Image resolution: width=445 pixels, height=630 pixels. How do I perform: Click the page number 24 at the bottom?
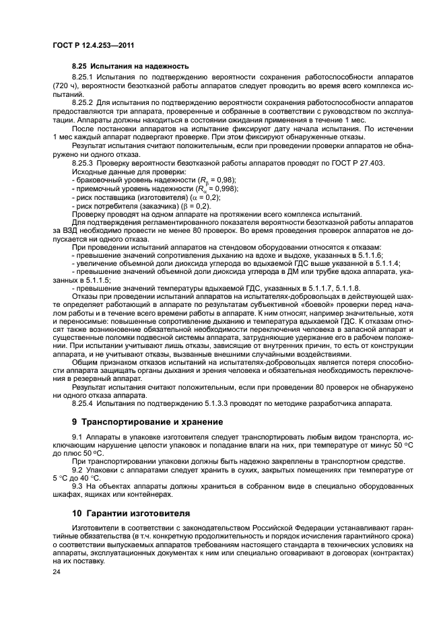(57, 571)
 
